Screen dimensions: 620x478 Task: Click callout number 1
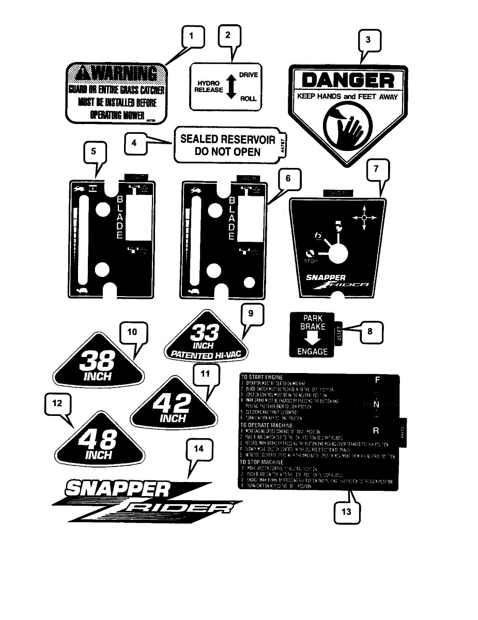pos(192,37)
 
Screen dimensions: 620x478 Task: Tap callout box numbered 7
pos(377,169)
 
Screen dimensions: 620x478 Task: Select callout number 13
pos(346,512)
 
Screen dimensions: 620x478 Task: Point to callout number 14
pos(199,450)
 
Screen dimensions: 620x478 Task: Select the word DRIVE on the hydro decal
pos(248,75)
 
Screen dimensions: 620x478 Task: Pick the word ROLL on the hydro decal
pos(249,99)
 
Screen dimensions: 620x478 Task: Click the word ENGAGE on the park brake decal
pos(313,352)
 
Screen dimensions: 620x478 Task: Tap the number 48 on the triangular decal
pos(98,440)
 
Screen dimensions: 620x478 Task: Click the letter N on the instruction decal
pos(377,404)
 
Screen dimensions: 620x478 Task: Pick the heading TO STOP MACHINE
pos(263,461)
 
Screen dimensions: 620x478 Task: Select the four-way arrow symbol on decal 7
pos(364,218)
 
